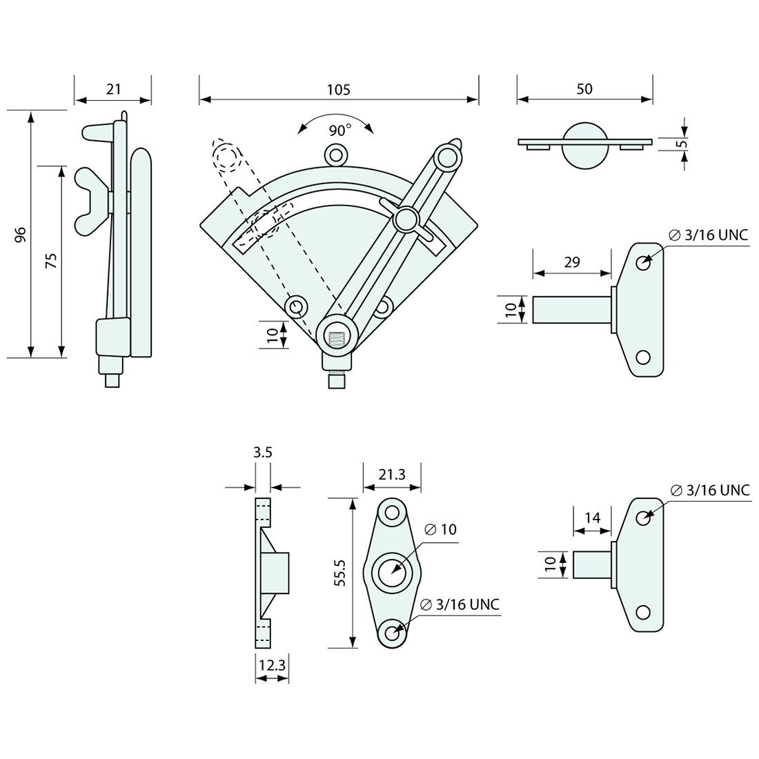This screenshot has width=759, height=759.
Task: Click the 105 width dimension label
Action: pyautogui.click(x=338, y=90)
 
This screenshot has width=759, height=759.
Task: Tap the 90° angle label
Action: pyautogui.click(x=339, y=130)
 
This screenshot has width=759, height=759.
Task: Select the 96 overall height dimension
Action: pyautogui.click(x=20, y=235)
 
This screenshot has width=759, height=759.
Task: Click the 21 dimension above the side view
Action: pyautogui.click(x=113, y=89)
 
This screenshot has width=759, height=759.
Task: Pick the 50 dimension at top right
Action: pyautogui.click(x=584, y=89)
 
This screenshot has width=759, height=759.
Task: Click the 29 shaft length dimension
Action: pyautogui.click(x=572, y=262)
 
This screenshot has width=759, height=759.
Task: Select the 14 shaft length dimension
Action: pyautogui.click(x=593, y=518)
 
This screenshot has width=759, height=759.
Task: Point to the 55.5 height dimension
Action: pyautogui.click(x=340, y=573)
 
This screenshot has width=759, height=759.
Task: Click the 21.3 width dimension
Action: pyautogui.click(x=392, y=475)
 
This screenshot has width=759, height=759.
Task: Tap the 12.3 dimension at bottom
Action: pyautogui.click(x=272, y=665)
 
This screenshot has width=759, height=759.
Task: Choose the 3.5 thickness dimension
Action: pyautogui.click(x=263, y=452)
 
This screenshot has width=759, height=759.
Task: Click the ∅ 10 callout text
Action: pyautogui.click(x=440, y=529)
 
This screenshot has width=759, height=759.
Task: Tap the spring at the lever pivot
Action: pyautogui.click(x=338, y=338)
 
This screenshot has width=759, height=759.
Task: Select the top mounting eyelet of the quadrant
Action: pyautogui.click(x=336, y=155)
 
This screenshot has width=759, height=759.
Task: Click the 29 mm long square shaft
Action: pyautogui.click(x=572, y=310)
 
